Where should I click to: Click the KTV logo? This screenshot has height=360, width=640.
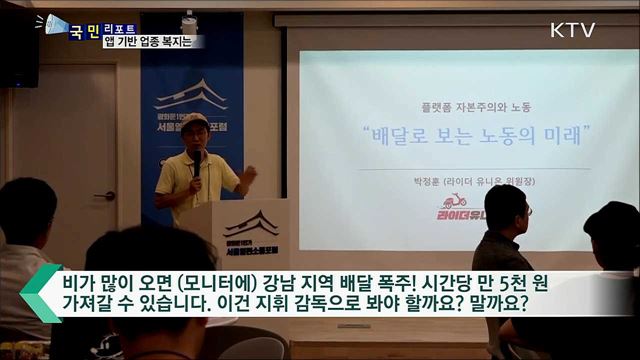572,30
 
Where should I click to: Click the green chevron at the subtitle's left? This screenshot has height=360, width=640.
38,293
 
